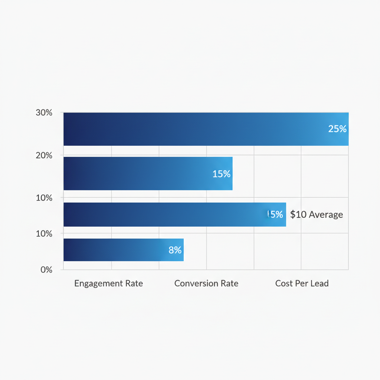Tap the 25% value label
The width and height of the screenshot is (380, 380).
tap(337, 129)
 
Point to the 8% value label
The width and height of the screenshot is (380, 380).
tap(175, 250)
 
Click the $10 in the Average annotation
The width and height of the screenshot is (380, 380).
tap(298, 214)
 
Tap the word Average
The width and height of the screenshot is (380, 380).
tap(326, 214)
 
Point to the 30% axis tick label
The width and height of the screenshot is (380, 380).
tap(44, 113)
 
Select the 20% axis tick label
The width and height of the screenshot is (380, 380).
tap(44, 155)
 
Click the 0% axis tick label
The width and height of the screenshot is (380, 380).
tap(46, 270)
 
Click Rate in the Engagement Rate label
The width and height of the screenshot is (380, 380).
tap(134, 284)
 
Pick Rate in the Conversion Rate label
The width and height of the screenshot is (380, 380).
tap(229, 284)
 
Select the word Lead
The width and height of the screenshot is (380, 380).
tap(320, 284)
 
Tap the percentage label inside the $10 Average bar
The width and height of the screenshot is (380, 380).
tap(275, 214)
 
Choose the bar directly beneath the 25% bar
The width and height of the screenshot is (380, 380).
tap(148, 173)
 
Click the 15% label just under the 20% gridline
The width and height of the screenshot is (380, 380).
tap(222, 174)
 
